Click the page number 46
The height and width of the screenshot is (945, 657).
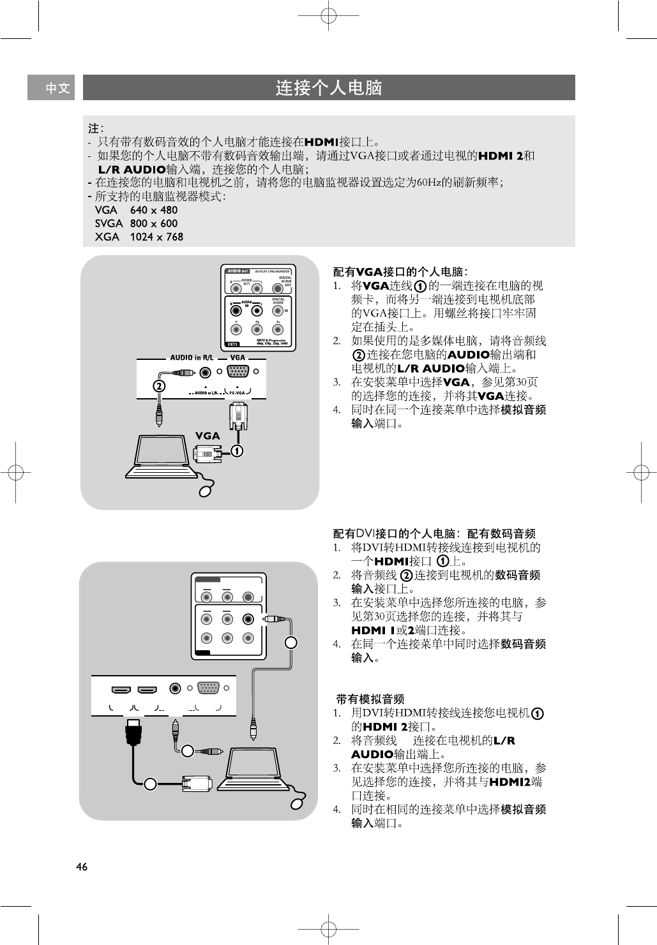81,867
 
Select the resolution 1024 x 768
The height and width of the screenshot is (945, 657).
156,237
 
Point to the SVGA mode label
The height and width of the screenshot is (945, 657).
109,223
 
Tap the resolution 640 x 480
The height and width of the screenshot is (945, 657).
154,210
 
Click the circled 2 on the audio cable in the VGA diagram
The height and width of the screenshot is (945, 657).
158,386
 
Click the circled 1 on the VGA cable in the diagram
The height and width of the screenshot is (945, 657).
237,451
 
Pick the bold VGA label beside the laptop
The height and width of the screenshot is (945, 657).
208,436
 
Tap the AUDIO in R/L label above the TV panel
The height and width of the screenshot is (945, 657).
193,358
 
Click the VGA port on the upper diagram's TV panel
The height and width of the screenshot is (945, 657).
238,372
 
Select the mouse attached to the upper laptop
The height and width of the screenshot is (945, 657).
206,491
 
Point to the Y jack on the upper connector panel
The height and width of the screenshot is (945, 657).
237,330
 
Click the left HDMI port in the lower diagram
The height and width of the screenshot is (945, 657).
121,690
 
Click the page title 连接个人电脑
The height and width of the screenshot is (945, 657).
328,88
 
